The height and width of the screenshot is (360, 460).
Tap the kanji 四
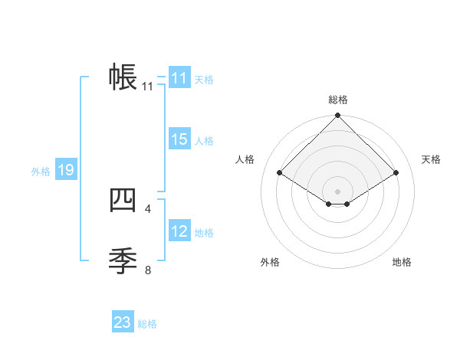click(x=123, y=200)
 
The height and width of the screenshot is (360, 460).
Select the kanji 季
click(x=123, y=261)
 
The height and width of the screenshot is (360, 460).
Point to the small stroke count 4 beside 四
click(x=148, y=208)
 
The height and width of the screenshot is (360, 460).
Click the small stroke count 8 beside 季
click(x=148, y=270)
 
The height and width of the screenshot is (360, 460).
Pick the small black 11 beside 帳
click(x=148, y=87)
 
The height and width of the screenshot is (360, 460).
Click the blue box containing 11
click(x=179, y=78)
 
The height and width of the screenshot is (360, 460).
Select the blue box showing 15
click(x=179, y=139)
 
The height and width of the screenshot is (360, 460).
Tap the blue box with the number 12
click(x=179, y=231)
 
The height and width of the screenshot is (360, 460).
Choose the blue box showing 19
click(x=66, y=170)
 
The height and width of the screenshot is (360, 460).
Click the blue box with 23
click(x=123, y=322)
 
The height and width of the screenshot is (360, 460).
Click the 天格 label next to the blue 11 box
click(x=203, y=80)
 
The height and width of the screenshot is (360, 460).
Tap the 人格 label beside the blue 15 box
click(x=203, y=141)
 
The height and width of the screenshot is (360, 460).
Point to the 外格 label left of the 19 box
click(x=41, y=172)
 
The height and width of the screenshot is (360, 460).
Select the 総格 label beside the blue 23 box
click(x=147, y=324)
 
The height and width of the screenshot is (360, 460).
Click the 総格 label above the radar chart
click(x=337, y=100)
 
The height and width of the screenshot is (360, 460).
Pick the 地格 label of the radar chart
click(x=402, y=262)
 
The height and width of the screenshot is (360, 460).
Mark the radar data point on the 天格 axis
click(x=396, y=173)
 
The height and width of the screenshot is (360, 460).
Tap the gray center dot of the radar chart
click(x=337, y=191)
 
